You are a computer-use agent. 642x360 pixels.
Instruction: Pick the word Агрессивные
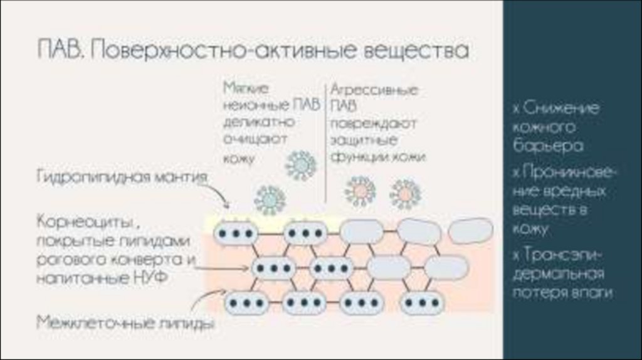pos(374,90)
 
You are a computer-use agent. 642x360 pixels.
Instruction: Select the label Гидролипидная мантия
pos(122,177)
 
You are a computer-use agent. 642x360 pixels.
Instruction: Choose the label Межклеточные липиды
pos(125,323)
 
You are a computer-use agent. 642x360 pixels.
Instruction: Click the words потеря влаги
pos(562,293)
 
